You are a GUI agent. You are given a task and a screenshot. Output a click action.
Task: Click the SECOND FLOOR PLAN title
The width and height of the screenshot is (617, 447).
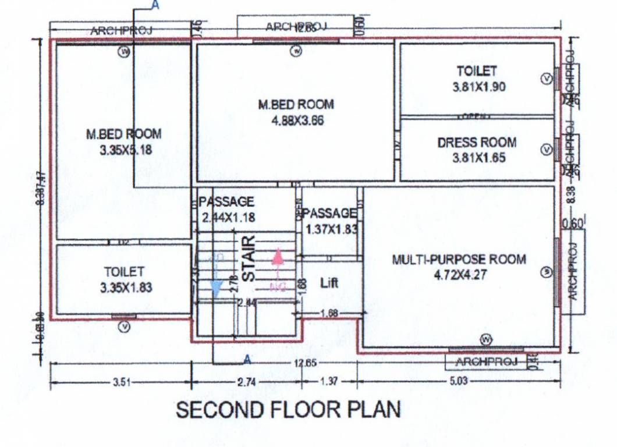point(288,410)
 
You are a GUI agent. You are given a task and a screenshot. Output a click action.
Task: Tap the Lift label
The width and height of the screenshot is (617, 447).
point(329,283)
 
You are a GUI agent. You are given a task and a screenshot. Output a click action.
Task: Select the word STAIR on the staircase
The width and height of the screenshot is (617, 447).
point(249,258)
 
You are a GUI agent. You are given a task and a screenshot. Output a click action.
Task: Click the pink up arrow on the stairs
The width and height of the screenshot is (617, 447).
point(278,256)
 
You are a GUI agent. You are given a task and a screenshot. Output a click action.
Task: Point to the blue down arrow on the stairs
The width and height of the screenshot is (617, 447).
point(217,288)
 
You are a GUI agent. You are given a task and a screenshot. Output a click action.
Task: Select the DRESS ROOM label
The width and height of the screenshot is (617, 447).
point(477,143)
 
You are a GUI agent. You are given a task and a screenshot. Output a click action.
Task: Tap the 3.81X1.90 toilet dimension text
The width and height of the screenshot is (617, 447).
point(478,88)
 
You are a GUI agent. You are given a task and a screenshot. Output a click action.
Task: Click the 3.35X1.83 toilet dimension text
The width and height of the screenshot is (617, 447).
point(124,288)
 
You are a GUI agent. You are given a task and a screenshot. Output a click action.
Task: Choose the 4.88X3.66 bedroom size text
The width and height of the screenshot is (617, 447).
point(296,121)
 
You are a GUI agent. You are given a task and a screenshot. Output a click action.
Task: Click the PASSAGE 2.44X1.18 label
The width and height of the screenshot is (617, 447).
point(226,210)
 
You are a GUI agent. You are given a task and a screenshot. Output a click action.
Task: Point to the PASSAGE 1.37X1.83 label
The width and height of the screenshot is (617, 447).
point(330,221)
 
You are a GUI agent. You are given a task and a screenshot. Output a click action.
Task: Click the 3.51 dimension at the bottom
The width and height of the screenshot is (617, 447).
point(121,382)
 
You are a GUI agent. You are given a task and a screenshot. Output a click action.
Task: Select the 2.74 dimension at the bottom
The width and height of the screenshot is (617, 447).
point(246,382)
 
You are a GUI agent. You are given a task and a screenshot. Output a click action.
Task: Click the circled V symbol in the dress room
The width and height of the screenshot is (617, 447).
point(546,150)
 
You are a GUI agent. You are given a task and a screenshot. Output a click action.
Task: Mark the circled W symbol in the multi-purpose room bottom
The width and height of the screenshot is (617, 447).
point(487,339)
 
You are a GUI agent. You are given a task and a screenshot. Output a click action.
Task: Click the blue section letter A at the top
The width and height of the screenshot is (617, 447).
point(155,5)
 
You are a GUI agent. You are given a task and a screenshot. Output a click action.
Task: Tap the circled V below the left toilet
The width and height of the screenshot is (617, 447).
point(124,328)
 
